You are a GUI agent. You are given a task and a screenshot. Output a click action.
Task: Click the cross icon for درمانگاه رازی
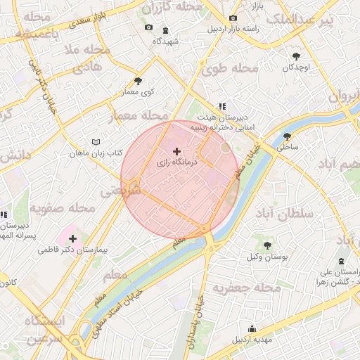176,151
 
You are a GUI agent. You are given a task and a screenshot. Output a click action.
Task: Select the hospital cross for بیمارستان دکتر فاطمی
72,238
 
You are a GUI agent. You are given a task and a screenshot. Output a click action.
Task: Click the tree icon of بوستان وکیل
268,245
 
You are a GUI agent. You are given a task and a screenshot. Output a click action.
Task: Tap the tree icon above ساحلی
287,137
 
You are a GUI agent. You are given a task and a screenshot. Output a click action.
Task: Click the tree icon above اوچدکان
297,56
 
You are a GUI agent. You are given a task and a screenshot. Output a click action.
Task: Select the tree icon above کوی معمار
138,82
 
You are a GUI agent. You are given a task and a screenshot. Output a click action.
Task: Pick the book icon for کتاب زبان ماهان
96,142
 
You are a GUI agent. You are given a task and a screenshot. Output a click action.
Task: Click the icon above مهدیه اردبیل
252,328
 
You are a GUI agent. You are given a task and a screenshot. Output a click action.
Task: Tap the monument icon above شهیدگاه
165,30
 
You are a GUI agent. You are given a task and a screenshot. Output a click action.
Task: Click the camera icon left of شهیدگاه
148,27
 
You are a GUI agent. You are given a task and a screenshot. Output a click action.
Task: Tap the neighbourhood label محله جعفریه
246,288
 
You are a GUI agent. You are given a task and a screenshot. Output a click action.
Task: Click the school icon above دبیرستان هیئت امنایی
222,106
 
